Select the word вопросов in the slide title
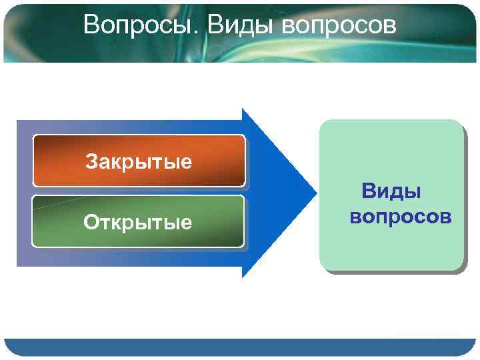339,25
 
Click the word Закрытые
139,161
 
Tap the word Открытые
137,222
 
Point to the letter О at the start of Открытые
91,222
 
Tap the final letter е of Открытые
187,223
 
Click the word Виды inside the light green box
391,193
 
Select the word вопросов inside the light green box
400,217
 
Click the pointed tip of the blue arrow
314,193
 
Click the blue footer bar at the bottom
240,347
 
